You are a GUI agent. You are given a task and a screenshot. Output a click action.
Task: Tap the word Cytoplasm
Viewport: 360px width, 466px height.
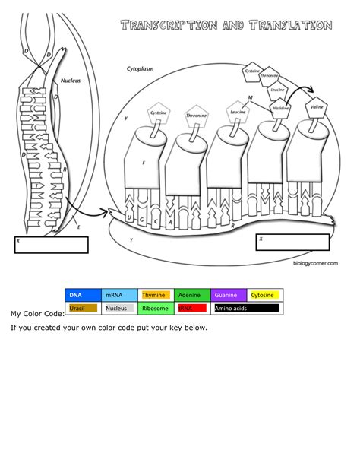141,68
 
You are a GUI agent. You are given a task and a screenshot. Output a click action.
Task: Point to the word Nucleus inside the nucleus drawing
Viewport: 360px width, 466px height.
71,80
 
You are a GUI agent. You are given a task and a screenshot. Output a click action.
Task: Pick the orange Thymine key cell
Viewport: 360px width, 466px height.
156,295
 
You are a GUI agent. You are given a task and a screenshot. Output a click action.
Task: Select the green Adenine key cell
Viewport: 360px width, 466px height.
192,295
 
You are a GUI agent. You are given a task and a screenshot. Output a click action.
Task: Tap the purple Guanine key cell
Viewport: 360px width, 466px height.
229,295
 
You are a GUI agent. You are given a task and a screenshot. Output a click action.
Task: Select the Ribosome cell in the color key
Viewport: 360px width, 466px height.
156,309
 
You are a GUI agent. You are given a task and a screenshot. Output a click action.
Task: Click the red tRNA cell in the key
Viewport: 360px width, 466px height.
192,309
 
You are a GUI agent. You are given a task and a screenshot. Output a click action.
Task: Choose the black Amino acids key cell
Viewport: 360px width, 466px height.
247,309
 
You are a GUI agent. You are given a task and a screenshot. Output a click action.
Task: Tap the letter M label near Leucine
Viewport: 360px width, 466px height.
250,98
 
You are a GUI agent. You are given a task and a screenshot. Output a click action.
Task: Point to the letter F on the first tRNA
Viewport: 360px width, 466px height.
144,163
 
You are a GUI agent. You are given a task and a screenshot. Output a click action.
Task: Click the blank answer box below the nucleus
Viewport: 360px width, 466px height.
52,245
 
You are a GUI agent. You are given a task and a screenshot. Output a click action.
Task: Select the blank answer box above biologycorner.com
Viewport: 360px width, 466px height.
293,243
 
